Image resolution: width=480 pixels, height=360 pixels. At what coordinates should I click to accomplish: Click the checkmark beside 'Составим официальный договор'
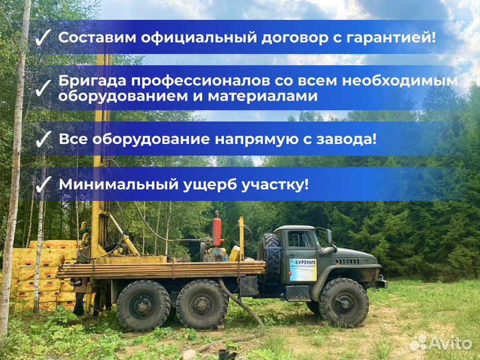43,38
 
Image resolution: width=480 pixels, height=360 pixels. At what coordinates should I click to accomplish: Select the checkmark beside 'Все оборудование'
43,140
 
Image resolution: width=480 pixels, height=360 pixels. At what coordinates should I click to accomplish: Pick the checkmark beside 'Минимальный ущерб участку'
43,185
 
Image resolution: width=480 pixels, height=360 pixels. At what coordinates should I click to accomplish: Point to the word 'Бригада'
91,81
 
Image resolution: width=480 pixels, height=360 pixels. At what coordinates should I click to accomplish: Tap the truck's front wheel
343,302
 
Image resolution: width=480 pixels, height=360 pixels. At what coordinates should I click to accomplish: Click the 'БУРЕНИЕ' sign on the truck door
303,269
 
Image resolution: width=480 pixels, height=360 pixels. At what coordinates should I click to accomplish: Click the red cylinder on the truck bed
216,230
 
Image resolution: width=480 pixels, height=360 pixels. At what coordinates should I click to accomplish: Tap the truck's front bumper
381,284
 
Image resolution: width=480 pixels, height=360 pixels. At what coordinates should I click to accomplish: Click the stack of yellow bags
40,273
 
